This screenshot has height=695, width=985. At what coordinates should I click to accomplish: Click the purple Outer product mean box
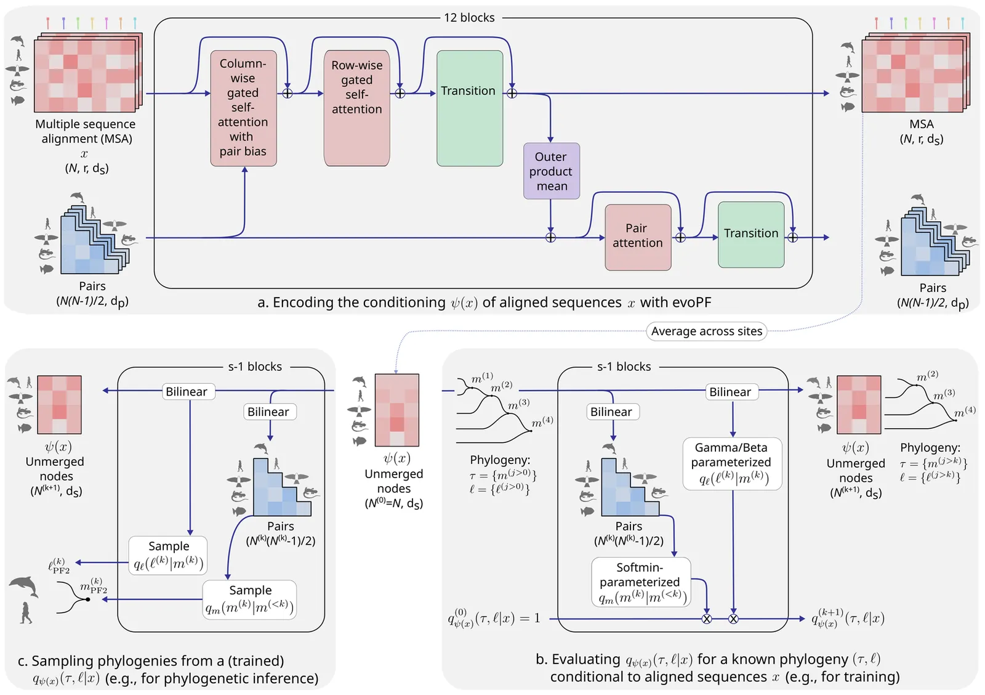click(x=552, y=171)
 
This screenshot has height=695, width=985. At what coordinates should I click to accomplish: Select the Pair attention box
click(x=638, y=237)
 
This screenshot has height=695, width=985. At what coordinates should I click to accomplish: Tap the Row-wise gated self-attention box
click(x=356, y=108)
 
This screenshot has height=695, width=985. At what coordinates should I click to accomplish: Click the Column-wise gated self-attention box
click(x=243, y=108)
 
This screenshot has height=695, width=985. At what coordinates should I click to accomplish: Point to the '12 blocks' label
click(x=469, y=18)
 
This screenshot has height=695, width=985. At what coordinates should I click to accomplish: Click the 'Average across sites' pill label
click(x=706, y=331)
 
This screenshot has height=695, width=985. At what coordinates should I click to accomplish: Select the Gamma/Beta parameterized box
click(x=732, y=463)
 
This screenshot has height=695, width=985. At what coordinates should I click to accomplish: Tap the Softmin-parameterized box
click(x=641, y=582)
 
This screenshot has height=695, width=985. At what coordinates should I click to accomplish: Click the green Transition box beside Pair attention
click(x=751, y=235)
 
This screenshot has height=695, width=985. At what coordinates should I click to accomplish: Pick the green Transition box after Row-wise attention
click(x=470, y=108)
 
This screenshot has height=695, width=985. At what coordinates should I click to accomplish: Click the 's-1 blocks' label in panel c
click(x=255, y=367)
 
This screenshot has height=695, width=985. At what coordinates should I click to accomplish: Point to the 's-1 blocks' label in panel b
click(x=624, y=367)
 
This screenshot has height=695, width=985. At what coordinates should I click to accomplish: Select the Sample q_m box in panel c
click(x=249, y=600)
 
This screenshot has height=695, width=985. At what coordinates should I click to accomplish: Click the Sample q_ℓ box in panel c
click(x=168, y=556)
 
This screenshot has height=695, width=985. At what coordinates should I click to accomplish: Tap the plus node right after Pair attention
click(x=680, y=238)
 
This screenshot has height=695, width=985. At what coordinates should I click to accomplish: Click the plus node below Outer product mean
click(x=550, y=238)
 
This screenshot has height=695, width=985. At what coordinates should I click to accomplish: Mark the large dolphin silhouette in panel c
click(x=24, y=587)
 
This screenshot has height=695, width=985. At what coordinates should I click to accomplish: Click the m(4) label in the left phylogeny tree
click(x=542, y=421)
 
